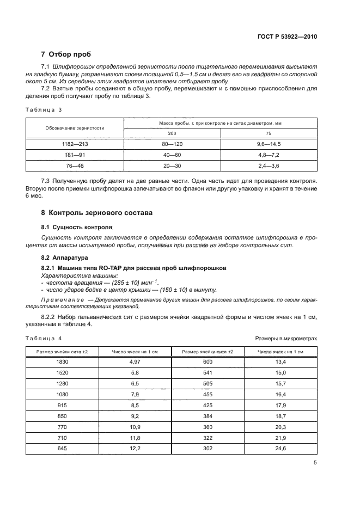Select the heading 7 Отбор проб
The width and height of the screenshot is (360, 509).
(66, 54)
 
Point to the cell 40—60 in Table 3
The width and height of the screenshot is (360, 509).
(172, 155)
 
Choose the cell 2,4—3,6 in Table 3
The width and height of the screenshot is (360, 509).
(269, 165)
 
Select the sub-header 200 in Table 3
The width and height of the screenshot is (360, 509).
(172, 133)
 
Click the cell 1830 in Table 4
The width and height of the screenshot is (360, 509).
(62, 361)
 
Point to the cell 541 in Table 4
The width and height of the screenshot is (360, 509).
(208, 372)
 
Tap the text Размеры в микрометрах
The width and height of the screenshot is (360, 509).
(286, 338)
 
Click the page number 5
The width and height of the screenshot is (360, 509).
(315, 463)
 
